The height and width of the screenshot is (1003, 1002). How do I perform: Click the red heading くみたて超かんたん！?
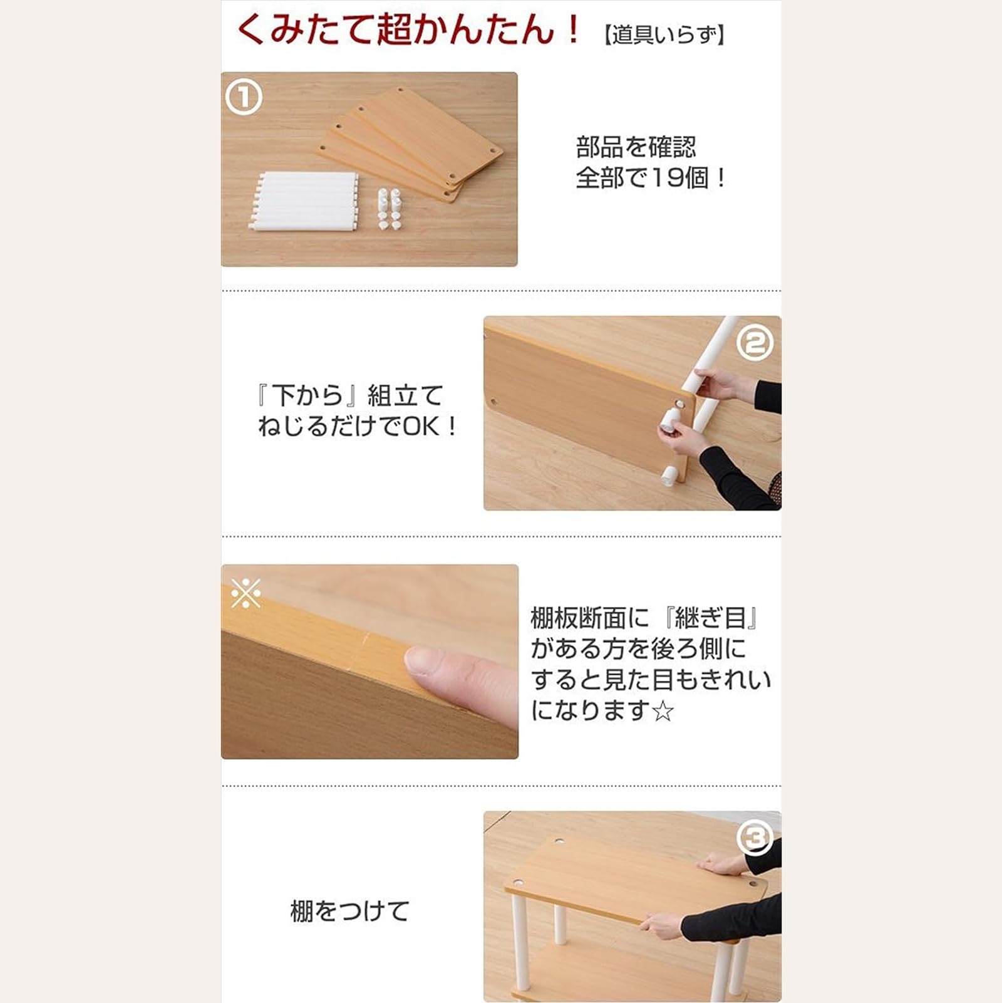click(x=409, y=29)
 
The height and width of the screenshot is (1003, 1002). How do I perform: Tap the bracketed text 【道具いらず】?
click(x=664, y=34)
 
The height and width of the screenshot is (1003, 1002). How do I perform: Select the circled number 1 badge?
click(x=243, y=98)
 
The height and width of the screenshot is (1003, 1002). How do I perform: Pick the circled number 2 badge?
click(x=755, y=343)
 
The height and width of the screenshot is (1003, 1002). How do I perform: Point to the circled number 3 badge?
click(x=755, y=837)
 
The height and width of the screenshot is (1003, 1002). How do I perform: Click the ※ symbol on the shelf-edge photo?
click(x=245, y=593)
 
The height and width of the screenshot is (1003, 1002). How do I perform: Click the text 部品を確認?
click(x=636, y=147)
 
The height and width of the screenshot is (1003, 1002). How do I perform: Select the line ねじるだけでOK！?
click(x=358, y=427)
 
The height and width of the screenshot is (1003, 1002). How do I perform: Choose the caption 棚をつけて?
click(x=349, y=911)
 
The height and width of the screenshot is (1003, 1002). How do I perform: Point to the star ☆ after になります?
click(x=663, y=712)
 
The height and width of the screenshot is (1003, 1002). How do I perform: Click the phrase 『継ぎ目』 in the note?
click(x=712, y=618)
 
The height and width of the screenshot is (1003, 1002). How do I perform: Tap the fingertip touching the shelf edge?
click(x=426, y=661)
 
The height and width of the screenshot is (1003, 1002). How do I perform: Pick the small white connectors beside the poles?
click(x=389, y=208)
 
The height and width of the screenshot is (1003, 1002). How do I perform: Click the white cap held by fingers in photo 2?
click(x=670, y=421)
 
